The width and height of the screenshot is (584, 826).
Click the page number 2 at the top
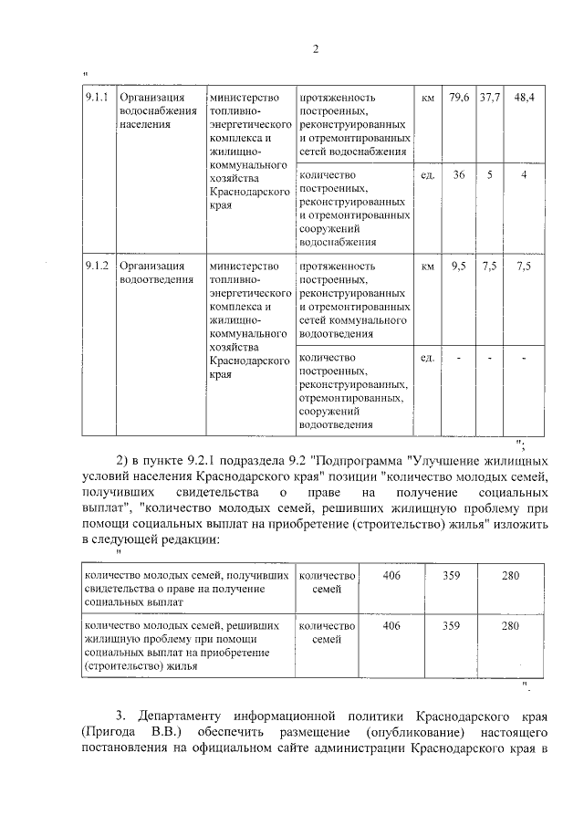pos(315,48)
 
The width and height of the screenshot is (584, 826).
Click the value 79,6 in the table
pos(459,97)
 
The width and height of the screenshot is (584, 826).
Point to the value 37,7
pos(490,97)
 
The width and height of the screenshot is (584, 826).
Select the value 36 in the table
pos(459,174)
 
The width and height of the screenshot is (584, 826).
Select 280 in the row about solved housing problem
pos(510,625)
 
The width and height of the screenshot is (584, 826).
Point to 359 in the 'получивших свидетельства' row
pos(451,576)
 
